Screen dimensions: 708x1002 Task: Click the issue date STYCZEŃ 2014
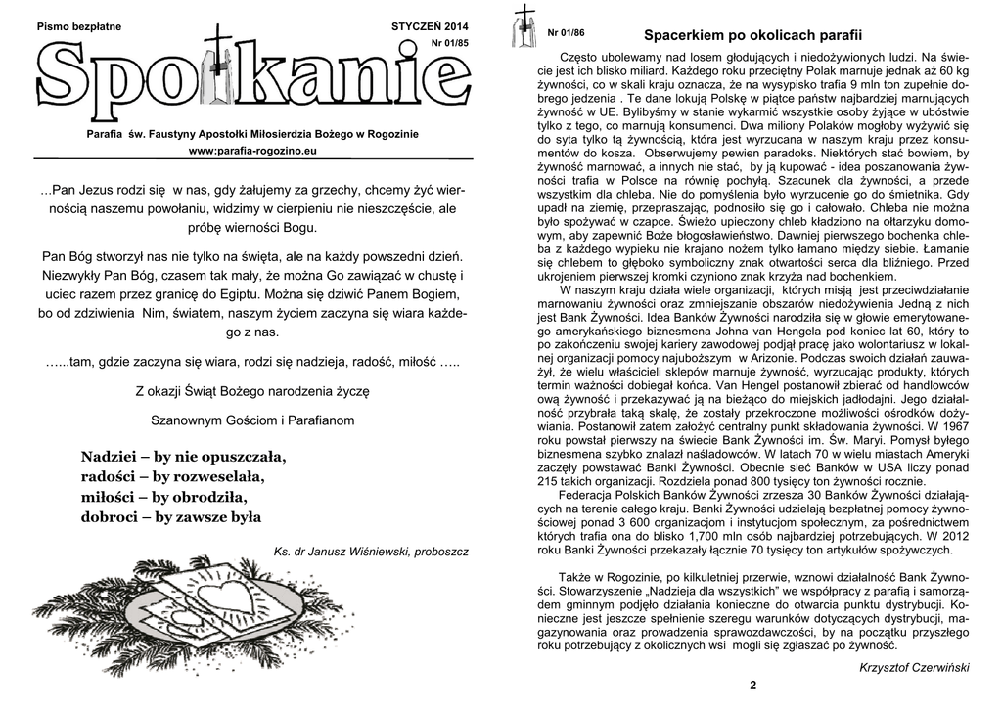pos(430,24)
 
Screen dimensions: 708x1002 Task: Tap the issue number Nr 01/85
pos(449,45)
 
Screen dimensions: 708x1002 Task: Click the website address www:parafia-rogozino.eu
pos(252,152)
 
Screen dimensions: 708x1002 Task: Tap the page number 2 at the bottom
pos(752,685)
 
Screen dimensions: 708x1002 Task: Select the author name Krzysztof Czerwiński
pos(913,666)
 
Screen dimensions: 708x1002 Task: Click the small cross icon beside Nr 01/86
pos(524,26)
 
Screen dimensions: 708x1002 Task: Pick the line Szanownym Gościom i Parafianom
pos(252,420)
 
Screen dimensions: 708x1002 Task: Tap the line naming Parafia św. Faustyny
pos(252,132)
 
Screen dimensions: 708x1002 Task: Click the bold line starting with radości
pos(172,476)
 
